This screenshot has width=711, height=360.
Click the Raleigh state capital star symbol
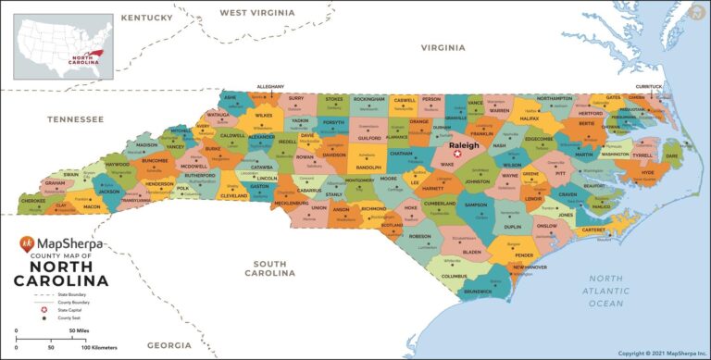click(x=455, y=155)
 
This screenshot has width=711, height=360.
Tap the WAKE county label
click(x=447, y=164)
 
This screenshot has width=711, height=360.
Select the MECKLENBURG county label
click(x=291, y=202)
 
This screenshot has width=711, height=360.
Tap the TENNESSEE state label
click(x=75, y=119)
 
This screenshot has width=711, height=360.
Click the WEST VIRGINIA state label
click(x=256, y=13)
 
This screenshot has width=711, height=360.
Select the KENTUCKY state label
click(x=146, y=18)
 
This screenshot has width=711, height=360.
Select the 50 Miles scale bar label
click(x=75, y=330)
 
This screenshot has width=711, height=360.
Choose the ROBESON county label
click(x=419, y=236)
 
